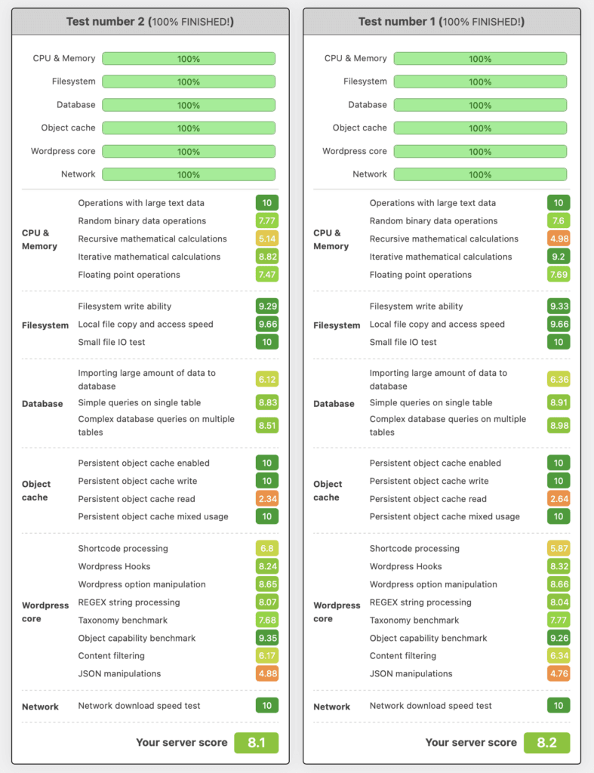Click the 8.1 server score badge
[256, 743]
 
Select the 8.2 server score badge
[546, 743]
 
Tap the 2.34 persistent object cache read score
[266, 499]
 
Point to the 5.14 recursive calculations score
[266, 239]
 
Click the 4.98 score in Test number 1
[559, 239]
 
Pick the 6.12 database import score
[266, 380]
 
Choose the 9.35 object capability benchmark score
[266, 639]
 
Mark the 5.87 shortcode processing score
[559, 549]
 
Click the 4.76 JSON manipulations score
[559, 674]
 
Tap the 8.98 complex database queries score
[559, 426]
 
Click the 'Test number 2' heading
[149, 22]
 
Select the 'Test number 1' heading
[441, 22]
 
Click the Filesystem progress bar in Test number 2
[189, 82]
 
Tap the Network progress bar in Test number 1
[480, 174]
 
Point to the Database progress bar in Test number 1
[480, 105]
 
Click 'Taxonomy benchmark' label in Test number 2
[122, 621]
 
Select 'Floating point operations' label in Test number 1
[420, 275]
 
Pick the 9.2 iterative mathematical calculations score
[559, 257]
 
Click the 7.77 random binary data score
[266, 221]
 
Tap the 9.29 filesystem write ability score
[266, 306]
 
